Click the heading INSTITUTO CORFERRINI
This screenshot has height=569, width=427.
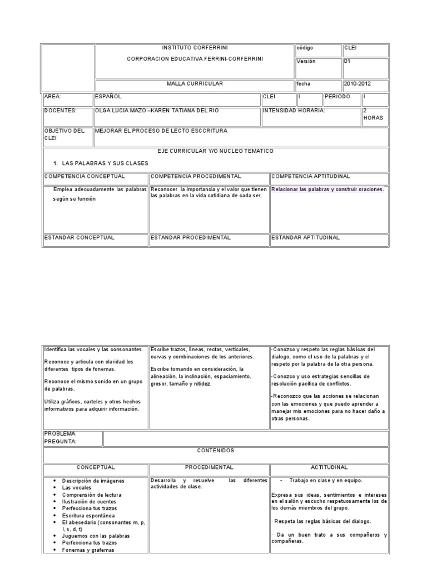coord(194,48)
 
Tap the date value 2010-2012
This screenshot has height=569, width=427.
coord(358,84)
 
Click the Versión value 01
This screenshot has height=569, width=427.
coord(347,62)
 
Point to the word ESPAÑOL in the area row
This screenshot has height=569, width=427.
coord(108,96)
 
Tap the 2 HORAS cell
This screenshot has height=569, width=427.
coord(373,114)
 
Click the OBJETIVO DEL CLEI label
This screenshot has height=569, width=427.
coord(64,134)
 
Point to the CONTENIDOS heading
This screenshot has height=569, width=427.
coord(215,451)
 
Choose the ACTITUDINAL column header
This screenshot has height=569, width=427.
coord(329,468)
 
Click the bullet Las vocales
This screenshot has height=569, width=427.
coord(77,487)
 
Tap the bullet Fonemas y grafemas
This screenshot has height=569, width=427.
coord(88,550)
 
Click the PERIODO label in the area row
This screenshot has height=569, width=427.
coord(337,96)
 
